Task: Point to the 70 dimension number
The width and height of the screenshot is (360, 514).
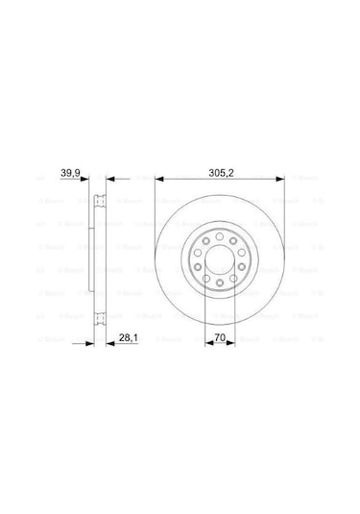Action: tap(220, 337)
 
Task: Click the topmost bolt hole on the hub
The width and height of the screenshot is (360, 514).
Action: tap(220, 236)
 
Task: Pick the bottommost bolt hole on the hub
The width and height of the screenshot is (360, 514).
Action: tap(220, 287)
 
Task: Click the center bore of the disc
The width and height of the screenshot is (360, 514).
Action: tap(220, 261)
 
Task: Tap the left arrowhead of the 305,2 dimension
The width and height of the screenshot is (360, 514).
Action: tap(159, 179)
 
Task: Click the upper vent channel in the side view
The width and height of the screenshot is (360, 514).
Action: tap(99, 205)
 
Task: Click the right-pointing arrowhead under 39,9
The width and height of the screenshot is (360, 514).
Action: tap(90, 179)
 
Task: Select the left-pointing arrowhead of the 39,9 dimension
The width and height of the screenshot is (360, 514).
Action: tap(109, 179)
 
